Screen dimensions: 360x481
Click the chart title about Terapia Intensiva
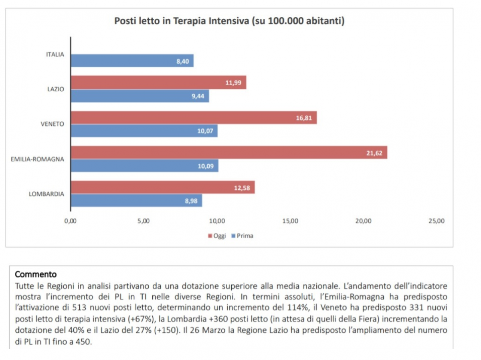(x=229, y=21)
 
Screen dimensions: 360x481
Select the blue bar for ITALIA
(x=132, y=61)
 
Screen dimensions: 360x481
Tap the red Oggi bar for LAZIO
(x=158, y=82)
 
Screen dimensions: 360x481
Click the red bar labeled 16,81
(x=194, y=117)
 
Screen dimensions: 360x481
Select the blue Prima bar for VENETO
(x=144, y=131)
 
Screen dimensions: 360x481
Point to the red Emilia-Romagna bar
(x=229, y=152)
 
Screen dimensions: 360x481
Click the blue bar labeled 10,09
(x=144, y=166)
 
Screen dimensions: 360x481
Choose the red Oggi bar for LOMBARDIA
(x=163, y=187)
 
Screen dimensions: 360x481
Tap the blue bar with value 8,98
(x=136, y=201)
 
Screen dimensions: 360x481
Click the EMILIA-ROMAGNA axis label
(x=37, y=159)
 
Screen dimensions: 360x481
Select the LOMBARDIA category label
(x=46, y=194)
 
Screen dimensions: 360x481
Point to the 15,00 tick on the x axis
(x=290, y=221)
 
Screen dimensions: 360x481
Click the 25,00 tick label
(x=437, y=221)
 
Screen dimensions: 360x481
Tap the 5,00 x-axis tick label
(x=143, y=221)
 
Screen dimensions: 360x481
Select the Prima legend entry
(x=243, y=236)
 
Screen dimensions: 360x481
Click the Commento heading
(x=36, y=275)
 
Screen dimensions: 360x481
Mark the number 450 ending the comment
(x=84, y=342)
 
